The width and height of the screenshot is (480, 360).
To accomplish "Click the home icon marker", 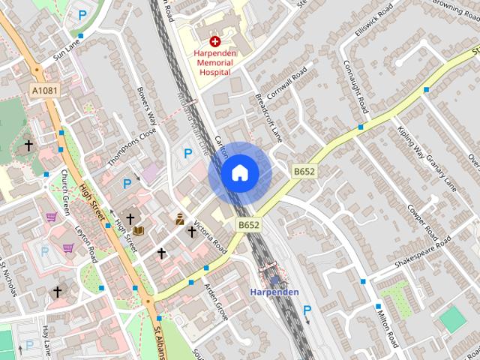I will click(239, 173).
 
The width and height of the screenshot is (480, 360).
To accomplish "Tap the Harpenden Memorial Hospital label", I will click(215, 64).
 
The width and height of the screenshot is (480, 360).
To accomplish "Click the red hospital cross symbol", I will click(215, 42).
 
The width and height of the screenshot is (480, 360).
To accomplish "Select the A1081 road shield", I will click(45, 90).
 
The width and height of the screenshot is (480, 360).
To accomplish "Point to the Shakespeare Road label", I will click(424, 255).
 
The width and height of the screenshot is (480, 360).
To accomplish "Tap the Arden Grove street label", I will click(216, 301).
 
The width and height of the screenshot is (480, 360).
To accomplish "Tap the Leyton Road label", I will click(86, 242).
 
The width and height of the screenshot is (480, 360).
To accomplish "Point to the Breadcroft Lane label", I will click(268, 117).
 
